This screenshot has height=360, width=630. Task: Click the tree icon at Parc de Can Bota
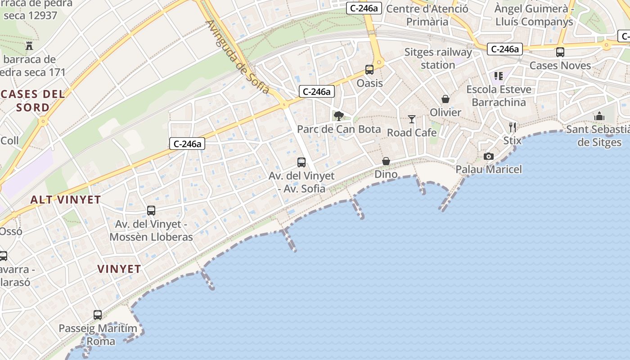pos(338,116)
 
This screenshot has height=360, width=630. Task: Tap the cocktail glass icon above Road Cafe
pos(412,119)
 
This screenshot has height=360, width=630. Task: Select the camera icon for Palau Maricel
pos(488,156)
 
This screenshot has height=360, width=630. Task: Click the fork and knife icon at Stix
pos(512,127)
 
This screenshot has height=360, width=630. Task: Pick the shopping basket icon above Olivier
pos(445,99)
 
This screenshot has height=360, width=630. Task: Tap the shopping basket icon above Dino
pos(386,161)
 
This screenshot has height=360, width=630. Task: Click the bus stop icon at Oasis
pos(369,70)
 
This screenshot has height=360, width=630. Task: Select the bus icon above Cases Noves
pos(560,52)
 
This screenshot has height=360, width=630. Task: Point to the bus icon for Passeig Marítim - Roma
pos(98,315)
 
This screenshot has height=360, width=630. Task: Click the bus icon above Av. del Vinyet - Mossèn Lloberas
pos(151,211)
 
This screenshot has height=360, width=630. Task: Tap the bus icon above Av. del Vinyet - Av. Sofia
pos(301,162)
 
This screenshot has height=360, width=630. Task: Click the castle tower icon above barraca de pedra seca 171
pos(30,45)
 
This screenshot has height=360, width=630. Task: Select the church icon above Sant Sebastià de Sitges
pos(599,117)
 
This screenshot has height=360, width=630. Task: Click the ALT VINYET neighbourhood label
pos(65,200)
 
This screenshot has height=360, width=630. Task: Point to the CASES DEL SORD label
pos(33,101)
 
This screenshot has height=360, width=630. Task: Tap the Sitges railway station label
pos(438,58)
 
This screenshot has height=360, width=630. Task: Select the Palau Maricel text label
pos(489,170)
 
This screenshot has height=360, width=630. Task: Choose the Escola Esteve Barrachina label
pos(499,96)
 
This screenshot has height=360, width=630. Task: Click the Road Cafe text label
pos(412,133)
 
